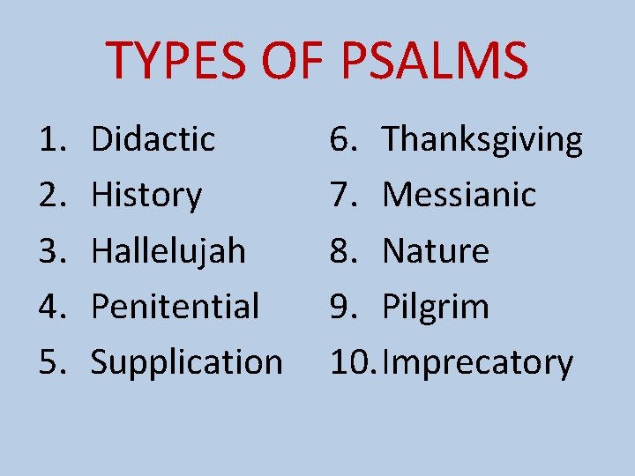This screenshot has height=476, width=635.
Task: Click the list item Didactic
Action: coord(153,138)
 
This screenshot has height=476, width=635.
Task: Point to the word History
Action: coord(146,195)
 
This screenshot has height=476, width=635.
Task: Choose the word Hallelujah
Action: coord(168,251)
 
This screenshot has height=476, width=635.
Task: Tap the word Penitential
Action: coord(176,307)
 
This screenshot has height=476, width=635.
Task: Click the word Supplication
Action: coord(187,362)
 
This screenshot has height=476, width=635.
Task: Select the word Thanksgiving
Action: coord(482,139)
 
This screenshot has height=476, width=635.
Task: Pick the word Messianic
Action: coord(459,195)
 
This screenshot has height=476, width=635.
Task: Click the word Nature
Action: coord(436,251)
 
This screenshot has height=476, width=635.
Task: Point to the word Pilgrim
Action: coord(436,307)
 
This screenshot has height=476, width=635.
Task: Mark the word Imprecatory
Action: coord(478,362)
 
